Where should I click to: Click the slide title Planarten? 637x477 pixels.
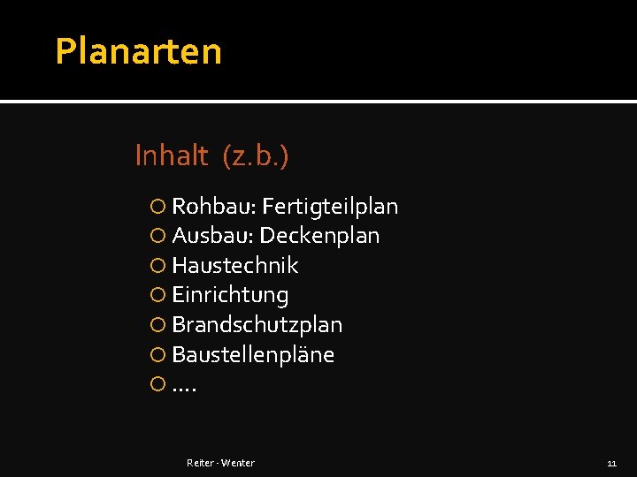[138, 51]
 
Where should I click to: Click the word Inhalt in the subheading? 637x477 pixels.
[171, 156]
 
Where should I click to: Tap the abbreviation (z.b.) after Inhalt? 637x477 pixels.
[256, 157]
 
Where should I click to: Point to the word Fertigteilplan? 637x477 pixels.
[330, 208]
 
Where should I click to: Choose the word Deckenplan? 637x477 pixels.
[319, 237]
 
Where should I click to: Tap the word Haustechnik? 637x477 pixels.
[235, 266]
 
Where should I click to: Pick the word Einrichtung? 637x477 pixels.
[230, 296]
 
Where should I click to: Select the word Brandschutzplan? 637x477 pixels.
[257, 325]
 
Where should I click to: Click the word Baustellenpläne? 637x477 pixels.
[253, 355]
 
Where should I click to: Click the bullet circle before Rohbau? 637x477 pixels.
[157, 208]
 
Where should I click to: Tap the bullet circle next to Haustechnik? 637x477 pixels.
[157, 266]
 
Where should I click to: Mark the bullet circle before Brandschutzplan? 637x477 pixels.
[157, 325]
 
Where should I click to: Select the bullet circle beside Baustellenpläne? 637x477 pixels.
[157, 355]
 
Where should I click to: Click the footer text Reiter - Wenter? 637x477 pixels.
[220, 463]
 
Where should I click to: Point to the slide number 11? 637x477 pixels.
[611, 463]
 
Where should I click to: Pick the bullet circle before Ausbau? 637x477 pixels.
[157, 237]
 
